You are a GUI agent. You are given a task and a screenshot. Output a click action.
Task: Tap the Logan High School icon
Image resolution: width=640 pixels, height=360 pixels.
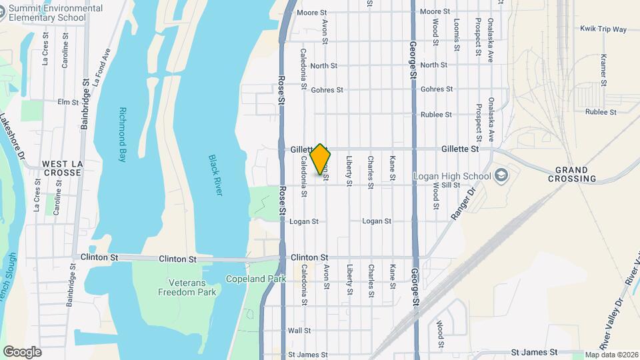(501, 176)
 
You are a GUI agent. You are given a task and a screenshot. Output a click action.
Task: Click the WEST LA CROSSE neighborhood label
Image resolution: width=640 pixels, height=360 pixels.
(61, 168)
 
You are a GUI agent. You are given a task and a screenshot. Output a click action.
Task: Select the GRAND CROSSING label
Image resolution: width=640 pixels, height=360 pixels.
(572, 174)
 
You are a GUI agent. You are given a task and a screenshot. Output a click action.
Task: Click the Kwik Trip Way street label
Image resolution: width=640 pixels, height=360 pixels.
(603, 29)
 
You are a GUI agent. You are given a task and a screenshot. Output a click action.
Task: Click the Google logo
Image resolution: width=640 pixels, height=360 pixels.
(22, 351)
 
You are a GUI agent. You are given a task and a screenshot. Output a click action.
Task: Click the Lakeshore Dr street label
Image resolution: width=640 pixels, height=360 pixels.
(15, 134)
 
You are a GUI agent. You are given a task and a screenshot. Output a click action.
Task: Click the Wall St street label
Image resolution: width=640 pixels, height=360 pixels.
(299, 331)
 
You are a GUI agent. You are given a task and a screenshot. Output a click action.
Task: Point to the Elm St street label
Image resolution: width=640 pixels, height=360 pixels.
(68, 102)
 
